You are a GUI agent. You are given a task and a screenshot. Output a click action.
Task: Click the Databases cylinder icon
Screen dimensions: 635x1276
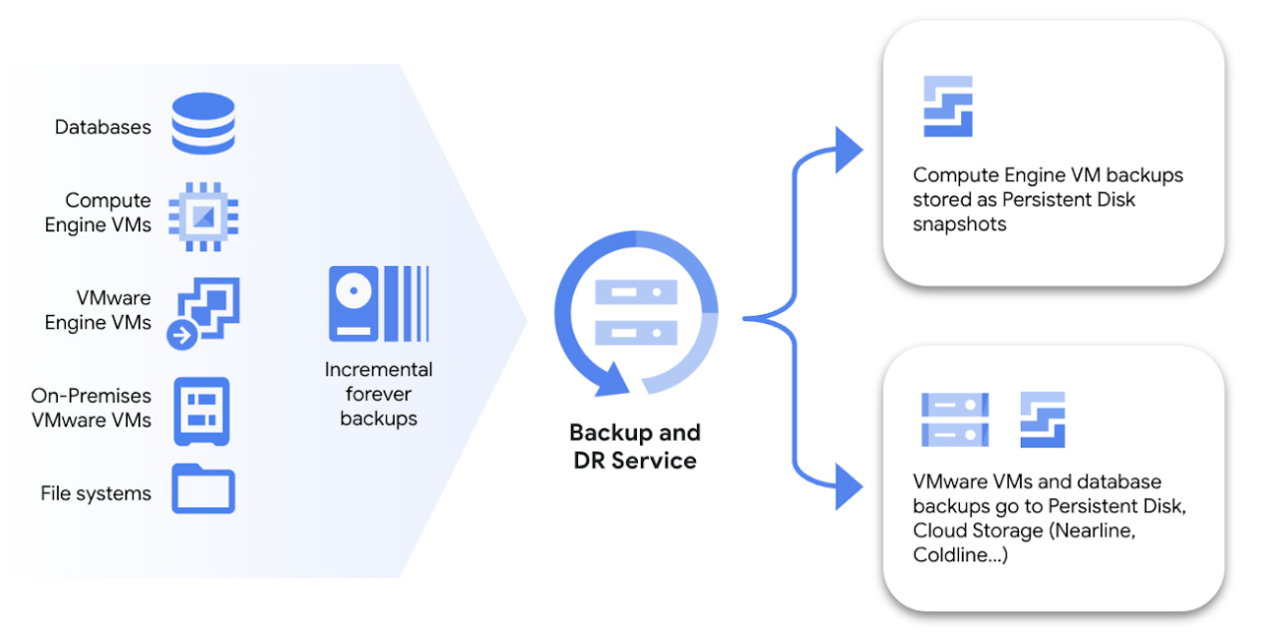click(202, 124)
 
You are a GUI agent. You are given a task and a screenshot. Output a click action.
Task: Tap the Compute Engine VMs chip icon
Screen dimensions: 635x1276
click(203, 213)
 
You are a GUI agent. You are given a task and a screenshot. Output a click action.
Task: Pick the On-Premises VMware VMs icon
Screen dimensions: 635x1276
click(202, 410)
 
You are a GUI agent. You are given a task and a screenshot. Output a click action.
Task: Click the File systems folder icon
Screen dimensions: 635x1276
click(203, 488)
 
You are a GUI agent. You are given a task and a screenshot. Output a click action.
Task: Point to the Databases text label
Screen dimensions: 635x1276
click(103, 128)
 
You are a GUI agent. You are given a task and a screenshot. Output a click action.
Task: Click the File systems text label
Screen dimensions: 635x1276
click(96, 493)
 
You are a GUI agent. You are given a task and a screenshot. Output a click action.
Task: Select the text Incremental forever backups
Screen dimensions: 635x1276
click(379, 394)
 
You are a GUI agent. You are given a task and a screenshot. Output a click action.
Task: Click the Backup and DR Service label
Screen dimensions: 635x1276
click(635, 446)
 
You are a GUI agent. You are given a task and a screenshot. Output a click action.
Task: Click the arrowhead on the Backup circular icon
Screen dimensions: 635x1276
click(609, 379)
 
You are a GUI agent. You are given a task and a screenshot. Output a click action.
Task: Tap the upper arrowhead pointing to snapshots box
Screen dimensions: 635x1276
click(848, 150)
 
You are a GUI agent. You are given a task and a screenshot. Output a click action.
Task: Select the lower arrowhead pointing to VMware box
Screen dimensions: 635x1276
click(848, 487)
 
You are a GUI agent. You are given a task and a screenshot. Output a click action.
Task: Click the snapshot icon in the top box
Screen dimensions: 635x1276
click(947, 107)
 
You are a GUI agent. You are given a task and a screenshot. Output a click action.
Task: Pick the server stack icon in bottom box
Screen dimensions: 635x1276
click(955, 420)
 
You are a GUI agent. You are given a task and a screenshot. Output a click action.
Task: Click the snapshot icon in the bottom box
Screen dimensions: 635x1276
click(1043, 420)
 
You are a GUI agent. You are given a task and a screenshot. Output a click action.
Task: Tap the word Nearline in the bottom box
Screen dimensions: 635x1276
click(1096, 530)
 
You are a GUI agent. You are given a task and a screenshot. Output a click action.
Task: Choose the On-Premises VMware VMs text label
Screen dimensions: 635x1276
click(92, 408)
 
